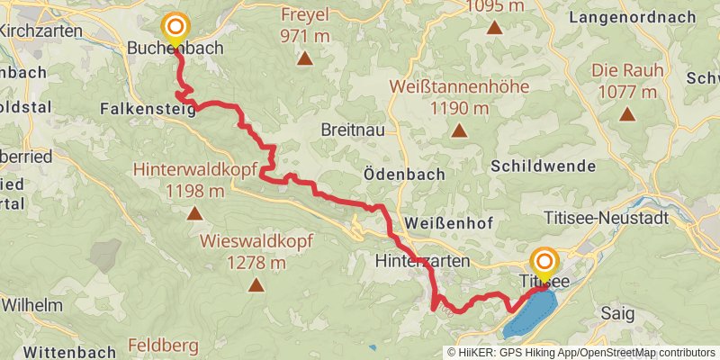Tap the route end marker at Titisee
(x=544, y=262)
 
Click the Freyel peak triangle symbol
(x=305, y=59)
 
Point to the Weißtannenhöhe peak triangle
(x=459, y=131)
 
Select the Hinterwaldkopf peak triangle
(x=194, y=213)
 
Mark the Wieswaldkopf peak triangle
(x=256, y=286)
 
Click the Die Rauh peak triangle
(x=626, y=114)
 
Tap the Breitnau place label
(x=353, y=130)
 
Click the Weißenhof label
(x=445, y=222)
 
